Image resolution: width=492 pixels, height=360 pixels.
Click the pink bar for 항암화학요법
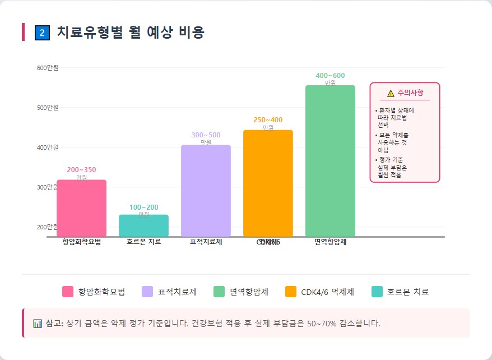[81, 208]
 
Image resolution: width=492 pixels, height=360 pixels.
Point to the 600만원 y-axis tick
[48, 68]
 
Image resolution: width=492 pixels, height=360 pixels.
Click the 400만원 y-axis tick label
[48, 147]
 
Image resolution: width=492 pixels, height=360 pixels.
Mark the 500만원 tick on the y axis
[48, 108]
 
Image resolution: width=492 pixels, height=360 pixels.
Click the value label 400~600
[330, 76]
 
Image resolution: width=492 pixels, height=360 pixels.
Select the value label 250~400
[268, 120]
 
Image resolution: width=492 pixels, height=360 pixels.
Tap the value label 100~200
[143, 207]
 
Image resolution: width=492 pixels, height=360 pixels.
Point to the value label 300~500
[206, 135]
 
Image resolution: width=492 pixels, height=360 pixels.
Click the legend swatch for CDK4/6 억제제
[290, 292]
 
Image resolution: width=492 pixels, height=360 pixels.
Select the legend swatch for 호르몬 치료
[377, 292]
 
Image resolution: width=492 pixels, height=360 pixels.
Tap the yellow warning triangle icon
[391, 93]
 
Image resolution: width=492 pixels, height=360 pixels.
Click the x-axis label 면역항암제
[330, 242]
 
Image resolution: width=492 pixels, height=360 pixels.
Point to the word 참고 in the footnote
[54, 324]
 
